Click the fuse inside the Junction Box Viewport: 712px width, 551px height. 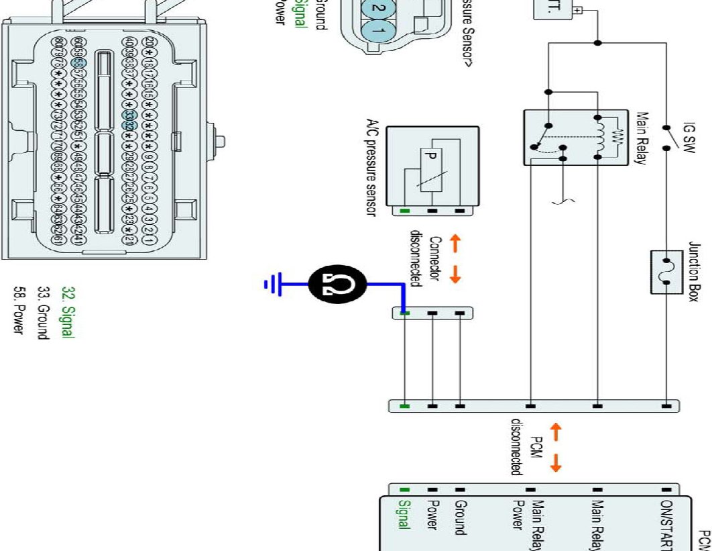[666, 272]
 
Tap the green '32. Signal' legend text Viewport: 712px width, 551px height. [66, 312]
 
